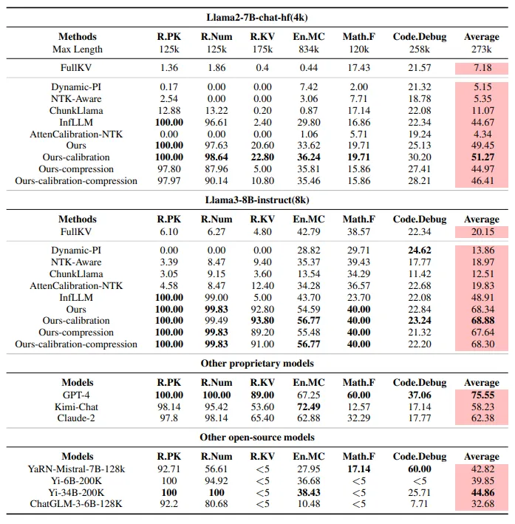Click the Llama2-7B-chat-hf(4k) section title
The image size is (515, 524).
point(257,18)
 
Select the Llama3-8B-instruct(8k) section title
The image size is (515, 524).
point(257,200)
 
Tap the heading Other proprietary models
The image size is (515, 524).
point(257,364)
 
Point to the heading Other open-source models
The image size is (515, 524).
point(257,437)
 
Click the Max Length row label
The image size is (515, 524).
point(78,50)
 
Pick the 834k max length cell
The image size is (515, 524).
point(308,50)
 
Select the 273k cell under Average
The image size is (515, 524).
point(482,50)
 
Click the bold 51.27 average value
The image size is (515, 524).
point(483,157)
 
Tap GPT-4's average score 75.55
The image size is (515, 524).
point(483,395)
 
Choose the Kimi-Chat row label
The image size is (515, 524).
point(76,406)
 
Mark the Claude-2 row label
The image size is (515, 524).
point(76,418)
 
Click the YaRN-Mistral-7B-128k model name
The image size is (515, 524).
point(76,469)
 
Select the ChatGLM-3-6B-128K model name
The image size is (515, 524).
point(76,503)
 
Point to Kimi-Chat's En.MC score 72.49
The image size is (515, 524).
point(308,406)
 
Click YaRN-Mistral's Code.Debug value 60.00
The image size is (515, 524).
point(420,469)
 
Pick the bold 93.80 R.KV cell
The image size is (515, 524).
point(262,321)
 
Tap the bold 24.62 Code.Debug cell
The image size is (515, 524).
point(420,251)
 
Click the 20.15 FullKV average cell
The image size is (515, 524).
point(483,231)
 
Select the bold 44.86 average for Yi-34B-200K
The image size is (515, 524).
point(483,492)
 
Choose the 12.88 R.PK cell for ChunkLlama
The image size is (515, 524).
point(169,111)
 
